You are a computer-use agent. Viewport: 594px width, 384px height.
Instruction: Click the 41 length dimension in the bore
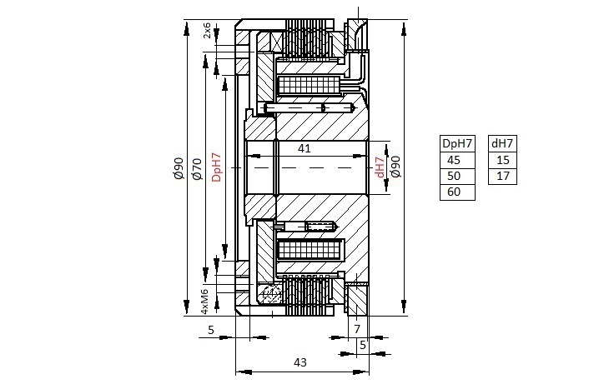click(305, 148)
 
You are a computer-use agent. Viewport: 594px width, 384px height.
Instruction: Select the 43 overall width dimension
click(300, 362)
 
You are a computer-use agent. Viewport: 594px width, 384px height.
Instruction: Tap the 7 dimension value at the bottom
click(357, 329)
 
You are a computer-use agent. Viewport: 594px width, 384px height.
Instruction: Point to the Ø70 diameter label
click(197, 169)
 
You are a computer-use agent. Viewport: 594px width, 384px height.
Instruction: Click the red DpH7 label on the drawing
click(216, 167)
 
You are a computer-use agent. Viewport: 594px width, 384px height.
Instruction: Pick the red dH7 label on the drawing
click(380, 167)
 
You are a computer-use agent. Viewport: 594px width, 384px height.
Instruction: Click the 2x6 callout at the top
click(207, 30)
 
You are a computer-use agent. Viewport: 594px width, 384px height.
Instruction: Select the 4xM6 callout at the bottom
click(204, 302)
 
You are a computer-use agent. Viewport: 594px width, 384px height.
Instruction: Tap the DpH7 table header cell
click(457, 144)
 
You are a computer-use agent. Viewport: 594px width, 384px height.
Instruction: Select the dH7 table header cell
click(502, 144)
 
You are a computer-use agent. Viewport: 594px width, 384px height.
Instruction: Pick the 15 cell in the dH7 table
click(502, 161)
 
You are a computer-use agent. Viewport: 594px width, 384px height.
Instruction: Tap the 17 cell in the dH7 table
click(502, 177)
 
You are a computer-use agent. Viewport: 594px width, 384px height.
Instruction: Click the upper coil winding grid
click(310, 86)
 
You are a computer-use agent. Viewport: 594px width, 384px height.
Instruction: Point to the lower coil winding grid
click(310, 250)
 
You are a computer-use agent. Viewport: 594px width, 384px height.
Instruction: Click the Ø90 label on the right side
click(396, 167)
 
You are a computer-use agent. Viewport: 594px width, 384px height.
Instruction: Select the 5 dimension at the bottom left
click(211, 330)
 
